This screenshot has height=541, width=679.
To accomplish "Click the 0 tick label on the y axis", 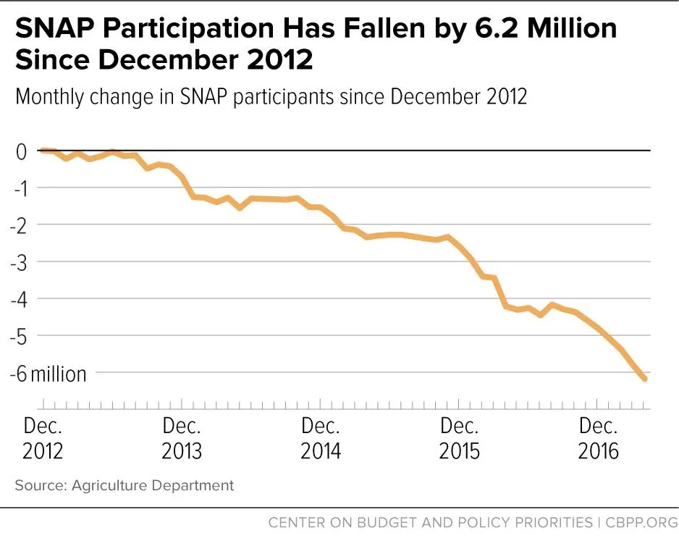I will pos(22,151).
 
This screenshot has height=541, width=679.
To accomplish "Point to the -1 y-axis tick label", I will pos(20,188).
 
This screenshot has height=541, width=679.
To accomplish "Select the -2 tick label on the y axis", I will pos(20,225).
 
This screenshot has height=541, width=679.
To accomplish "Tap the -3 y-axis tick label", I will pos(20,261).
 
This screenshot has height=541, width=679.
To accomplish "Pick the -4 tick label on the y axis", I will pos(20,298).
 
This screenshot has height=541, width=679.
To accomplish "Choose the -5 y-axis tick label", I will pos(20,335).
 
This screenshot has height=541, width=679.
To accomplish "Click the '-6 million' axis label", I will pos(47,373).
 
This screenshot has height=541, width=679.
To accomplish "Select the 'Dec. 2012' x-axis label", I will pos(43,438).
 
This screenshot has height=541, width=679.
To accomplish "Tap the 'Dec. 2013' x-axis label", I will pos(182,438).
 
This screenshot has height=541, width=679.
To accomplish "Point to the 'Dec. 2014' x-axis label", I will pos(321,438).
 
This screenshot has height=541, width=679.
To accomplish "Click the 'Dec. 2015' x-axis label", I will pos(460,438).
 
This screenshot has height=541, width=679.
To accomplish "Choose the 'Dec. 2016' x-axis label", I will pos(599,438).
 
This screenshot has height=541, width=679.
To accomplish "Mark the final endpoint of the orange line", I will pos(644,379).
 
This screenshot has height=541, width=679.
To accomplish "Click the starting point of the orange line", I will pos(43,151).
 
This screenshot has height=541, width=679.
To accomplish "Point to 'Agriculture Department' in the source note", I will pos(153,485).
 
